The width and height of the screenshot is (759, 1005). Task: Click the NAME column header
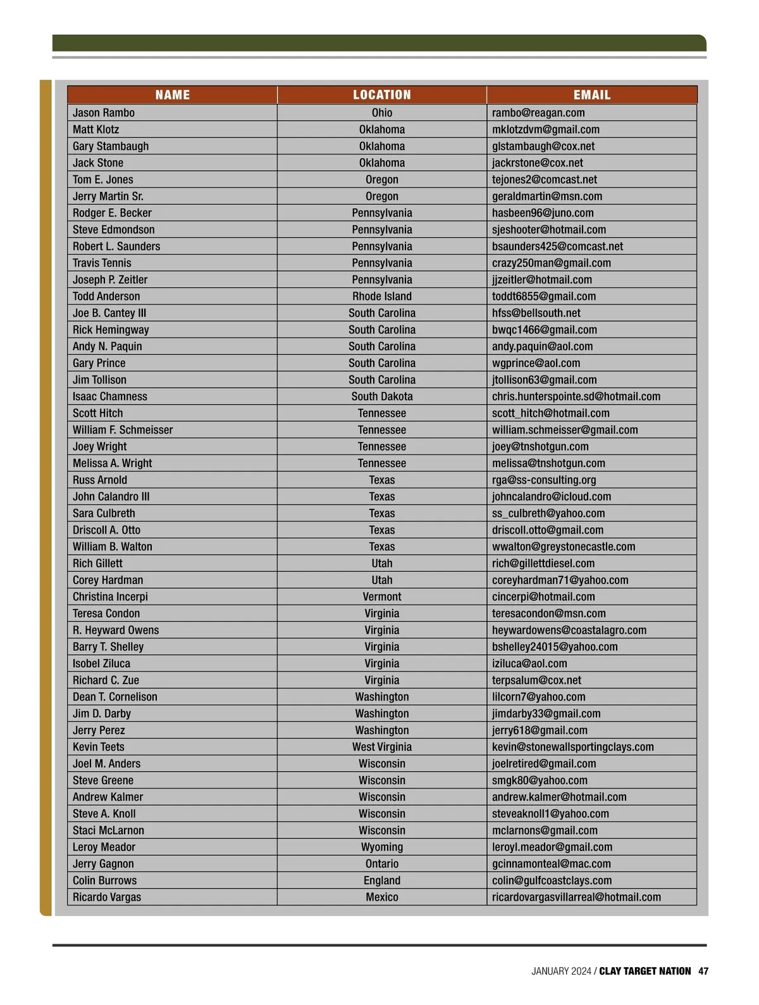(172, 95)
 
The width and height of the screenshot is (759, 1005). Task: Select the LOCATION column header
(382, 95)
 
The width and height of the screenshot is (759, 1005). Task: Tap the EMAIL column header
(592, 95)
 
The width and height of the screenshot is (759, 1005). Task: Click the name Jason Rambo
(104, 113)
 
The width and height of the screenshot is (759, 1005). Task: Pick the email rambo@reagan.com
(538, 113)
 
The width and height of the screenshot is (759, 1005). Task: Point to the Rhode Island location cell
(382, 296)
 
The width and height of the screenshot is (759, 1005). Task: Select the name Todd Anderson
(106, 296)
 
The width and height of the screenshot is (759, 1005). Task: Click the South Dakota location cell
(382, 396)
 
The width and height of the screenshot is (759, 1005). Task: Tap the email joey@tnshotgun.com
(540, 446)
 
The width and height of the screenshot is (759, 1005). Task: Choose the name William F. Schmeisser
(123, 430)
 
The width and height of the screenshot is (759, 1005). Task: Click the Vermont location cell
(382, 597)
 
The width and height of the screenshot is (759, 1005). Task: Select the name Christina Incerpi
(110, 597)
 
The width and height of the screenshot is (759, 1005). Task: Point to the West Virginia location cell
(382, 747)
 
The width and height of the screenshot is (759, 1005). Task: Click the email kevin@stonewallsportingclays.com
(573, 747)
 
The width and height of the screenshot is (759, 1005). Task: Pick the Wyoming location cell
(382, 847)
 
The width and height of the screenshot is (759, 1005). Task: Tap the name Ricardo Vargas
(107, 897)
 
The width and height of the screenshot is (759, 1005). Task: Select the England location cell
(382, 880)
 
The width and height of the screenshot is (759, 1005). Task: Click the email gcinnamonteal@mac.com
(552, 864)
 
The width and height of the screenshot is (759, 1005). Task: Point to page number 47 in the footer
(703, 971)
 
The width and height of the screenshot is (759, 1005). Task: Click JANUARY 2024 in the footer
(561, 971)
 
